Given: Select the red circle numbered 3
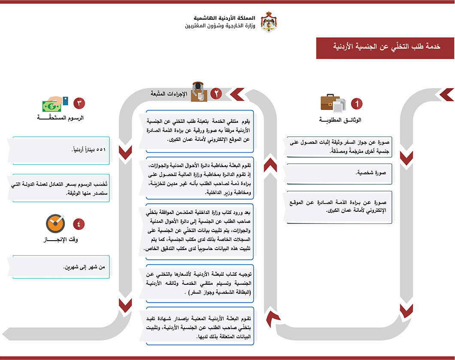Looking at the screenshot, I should pos(79,103).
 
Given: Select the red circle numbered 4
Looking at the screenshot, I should pos(79,223).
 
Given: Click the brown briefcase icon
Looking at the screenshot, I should pos(330,103).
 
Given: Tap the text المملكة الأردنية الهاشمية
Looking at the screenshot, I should pos(224,18).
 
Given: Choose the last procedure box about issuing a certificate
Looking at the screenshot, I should pos(199,326).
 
